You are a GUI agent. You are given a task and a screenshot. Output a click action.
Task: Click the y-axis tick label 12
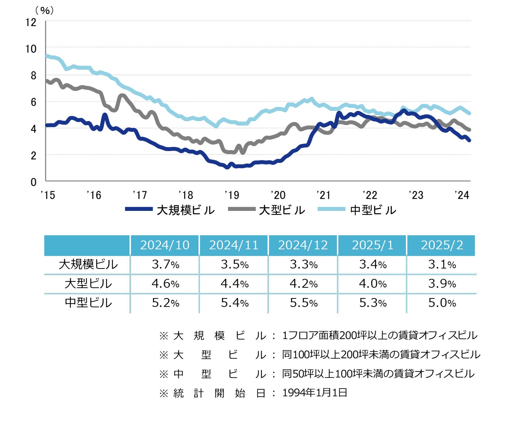click(31, 22)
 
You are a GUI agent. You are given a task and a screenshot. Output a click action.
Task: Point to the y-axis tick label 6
click(34, 102)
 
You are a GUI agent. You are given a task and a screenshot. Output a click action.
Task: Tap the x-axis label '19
click(232, 195)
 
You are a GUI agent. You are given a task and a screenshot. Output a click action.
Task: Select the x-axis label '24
click(462, 195)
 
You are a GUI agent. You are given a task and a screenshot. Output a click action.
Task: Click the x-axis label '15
click(48, 195)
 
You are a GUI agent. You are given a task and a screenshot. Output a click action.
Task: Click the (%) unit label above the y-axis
click(45, 10)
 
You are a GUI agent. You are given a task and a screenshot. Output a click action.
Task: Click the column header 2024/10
click(165, 245)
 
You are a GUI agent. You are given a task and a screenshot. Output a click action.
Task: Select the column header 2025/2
click(442, 245)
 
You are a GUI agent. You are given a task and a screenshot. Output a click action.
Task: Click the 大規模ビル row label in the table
click(88, 264)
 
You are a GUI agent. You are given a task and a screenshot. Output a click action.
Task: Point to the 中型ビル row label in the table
click(88, 303)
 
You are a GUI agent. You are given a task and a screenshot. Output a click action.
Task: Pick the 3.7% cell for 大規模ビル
click(165, 264)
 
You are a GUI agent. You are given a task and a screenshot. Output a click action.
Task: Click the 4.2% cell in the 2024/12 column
click(304, 284)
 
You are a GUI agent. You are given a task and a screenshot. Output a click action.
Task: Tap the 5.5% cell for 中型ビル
click(304, 303)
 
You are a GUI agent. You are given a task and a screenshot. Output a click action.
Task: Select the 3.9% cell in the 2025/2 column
click(442, 284)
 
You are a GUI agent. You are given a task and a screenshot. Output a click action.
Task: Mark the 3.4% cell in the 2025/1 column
click(373, 264)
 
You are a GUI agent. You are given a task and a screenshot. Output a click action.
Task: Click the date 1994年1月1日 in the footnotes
click(315, 393)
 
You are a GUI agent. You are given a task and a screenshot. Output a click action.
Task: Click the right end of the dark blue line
click(469, 140)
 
